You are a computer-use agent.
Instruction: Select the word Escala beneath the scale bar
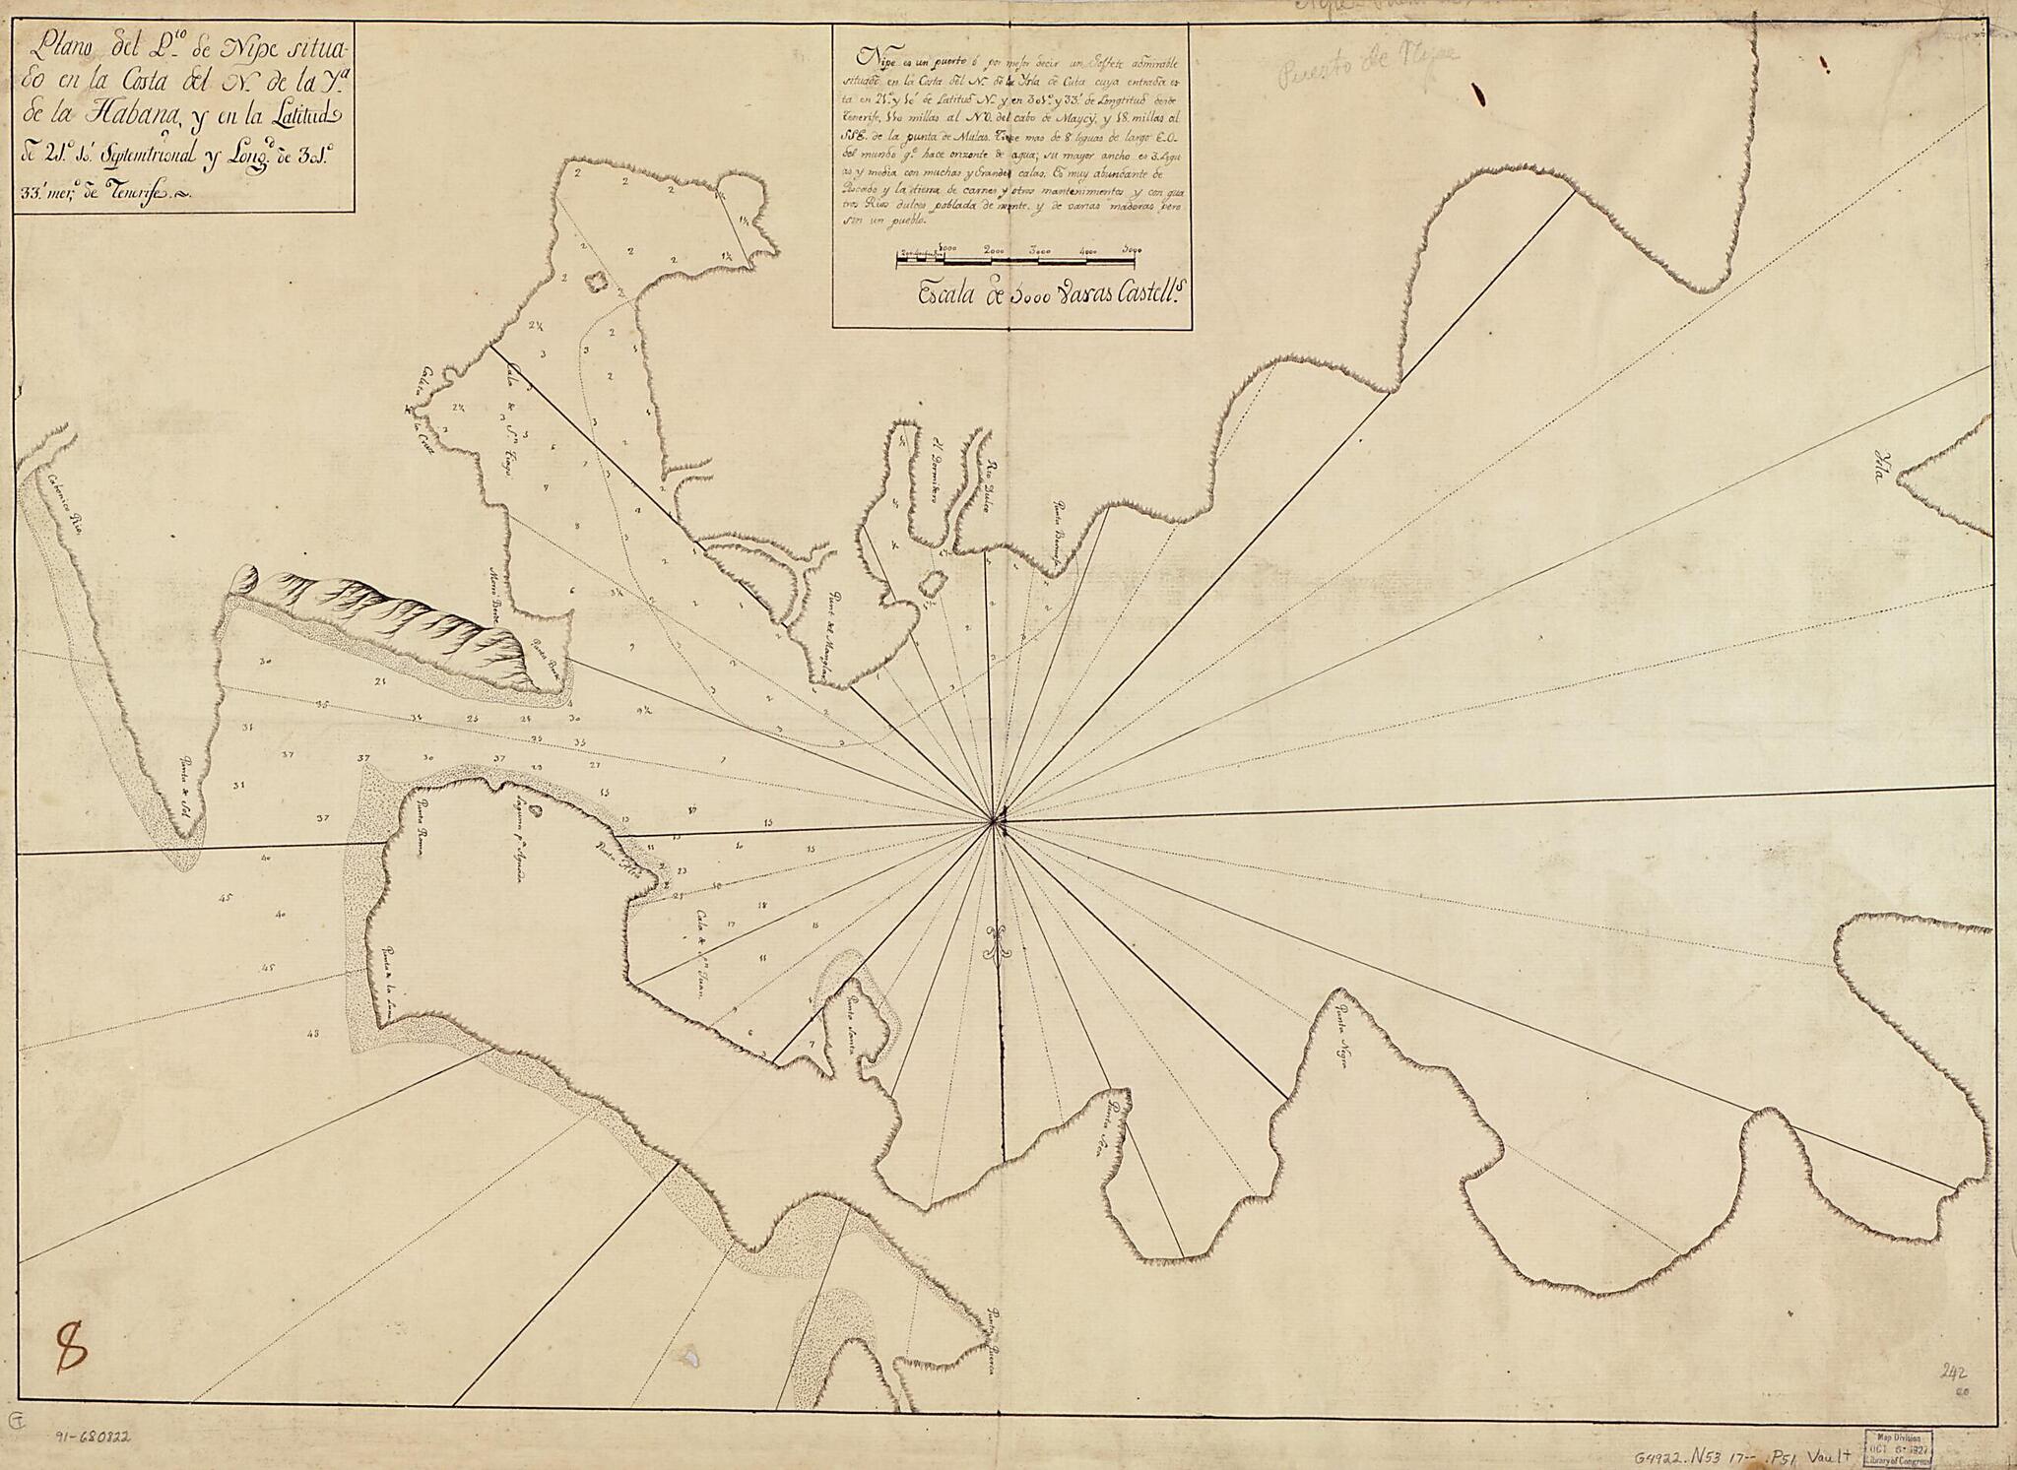[946, 292]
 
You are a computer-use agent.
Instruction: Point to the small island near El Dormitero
[928, 584]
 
